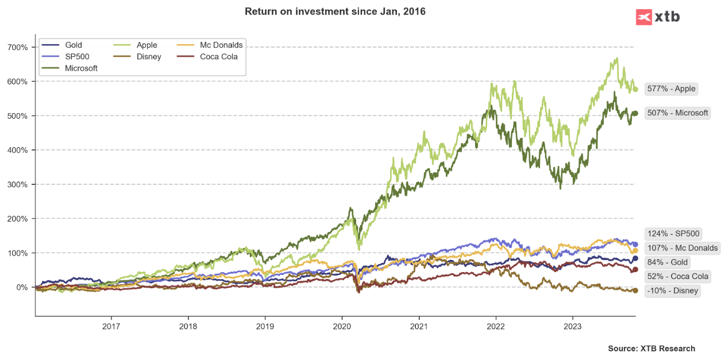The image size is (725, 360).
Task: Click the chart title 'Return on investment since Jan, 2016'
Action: click(335, 11)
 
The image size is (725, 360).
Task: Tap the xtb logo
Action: click(658, 17)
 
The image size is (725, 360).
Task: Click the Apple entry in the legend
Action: click(146, 45)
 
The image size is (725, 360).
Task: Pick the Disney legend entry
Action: click(149, 56)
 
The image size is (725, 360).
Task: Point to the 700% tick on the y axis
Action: click(18, 47)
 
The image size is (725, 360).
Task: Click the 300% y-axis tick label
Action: click(18, 184)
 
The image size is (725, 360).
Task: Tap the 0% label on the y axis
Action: click(21, 287)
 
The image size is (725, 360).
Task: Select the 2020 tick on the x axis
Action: click(342, 326)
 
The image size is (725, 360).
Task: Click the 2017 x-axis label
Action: click(111, 326)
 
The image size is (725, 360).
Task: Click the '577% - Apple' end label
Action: click(671, 89)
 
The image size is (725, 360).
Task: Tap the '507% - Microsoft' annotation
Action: click(677, 113)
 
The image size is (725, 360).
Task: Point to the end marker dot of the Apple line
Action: click(635, 90)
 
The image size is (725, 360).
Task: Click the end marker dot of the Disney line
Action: click(635, 291)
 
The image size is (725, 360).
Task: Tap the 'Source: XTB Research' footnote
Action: click(651, 349)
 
